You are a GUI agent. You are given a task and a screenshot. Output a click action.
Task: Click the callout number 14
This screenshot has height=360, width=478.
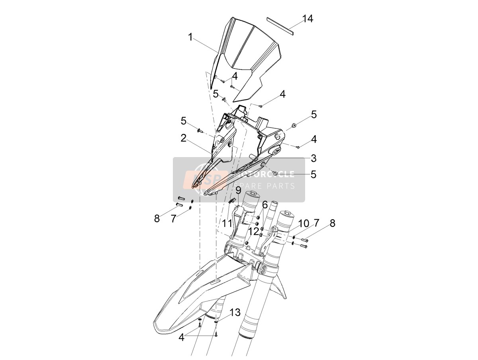coord(308,19)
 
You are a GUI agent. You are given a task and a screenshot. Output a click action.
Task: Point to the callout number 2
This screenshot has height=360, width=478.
coord(183,138)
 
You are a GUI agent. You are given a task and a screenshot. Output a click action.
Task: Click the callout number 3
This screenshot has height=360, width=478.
coord(313,158)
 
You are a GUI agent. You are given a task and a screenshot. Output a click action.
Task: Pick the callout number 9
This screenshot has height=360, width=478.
coord(239,191)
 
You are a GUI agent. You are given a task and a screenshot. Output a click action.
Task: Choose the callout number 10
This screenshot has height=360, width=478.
coord(304,223)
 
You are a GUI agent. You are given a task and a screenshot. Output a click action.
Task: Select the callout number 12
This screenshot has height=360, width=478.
coord(254,231)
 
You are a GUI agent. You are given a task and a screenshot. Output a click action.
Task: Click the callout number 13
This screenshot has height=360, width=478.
coord(235,313)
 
